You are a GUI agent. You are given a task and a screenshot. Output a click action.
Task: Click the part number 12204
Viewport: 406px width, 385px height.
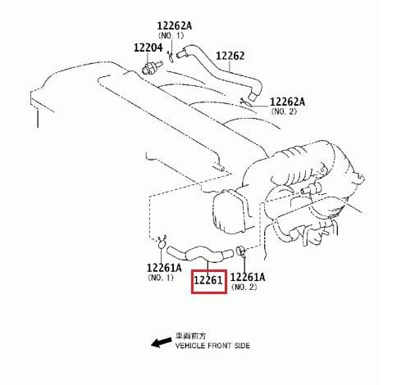[148, 48]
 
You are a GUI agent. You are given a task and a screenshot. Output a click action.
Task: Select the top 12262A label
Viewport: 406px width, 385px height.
[175, 26]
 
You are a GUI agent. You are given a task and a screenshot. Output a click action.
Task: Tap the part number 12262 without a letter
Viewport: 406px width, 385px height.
[230, 56]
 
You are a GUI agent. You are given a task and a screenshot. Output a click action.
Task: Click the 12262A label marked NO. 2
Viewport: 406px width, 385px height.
[287, 102]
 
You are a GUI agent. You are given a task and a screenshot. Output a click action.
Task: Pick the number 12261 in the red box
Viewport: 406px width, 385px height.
[208, 280]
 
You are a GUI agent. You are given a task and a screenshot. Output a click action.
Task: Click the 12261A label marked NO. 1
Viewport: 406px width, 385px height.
[164, 268]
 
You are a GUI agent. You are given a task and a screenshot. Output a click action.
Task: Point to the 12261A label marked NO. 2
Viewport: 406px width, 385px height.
[248, 277]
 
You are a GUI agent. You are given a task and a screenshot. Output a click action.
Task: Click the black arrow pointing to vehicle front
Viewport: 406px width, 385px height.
[162, 342]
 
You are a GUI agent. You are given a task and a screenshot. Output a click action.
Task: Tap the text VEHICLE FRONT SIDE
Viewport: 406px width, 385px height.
[212, 346]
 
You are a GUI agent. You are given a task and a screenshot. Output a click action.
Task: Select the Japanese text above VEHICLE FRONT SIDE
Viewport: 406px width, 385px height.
[191, 336]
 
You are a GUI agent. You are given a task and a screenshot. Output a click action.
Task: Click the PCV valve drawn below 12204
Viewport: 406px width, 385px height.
[152, 68]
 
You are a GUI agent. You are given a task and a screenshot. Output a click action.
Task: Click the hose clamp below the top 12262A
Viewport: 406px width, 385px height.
[170, 57]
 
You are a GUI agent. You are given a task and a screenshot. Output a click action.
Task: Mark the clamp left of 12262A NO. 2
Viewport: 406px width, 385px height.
[246, 102]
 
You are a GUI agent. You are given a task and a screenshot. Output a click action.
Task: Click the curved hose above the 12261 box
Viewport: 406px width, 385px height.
[200, 253]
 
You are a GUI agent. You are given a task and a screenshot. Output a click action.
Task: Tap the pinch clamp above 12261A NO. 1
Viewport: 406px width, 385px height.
[162, 242]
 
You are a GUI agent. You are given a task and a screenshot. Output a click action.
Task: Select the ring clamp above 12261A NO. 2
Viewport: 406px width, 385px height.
[240, 251]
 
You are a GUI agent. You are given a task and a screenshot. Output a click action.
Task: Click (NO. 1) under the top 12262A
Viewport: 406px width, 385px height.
[171, 35]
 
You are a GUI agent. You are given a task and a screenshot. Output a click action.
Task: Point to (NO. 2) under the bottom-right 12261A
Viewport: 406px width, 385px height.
[244, 287]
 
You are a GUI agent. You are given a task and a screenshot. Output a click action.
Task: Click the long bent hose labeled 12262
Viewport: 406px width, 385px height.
[219, 70]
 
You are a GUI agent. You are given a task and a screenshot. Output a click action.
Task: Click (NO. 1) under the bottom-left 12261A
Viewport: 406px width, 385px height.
[161, 278]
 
